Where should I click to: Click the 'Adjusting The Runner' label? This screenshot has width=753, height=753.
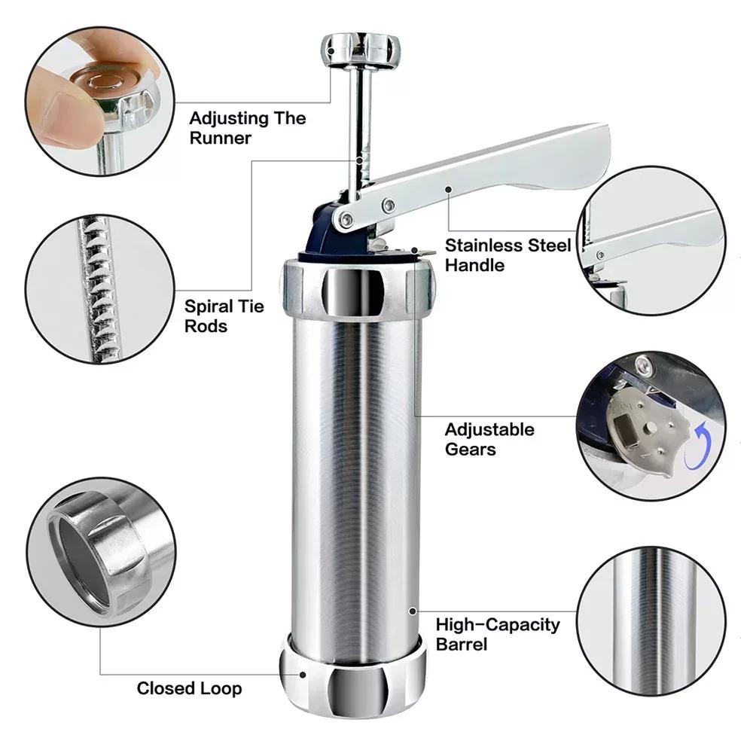coord(247,128)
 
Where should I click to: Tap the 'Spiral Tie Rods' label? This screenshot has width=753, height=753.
coord(224,317)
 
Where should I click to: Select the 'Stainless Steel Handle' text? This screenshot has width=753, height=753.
coord(507,255)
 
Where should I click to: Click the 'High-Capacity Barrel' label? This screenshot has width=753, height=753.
coord(498,634)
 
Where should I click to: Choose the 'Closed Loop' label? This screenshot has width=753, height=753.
coord(189,688)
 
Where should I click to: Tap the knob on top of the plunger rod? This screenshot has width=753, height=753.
coord(361,48)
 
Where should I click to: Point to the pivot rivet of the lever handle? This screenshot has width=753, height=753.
coord(346,219)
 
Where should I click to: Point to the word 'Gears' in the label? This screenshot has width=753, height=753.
coord(470,449)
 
